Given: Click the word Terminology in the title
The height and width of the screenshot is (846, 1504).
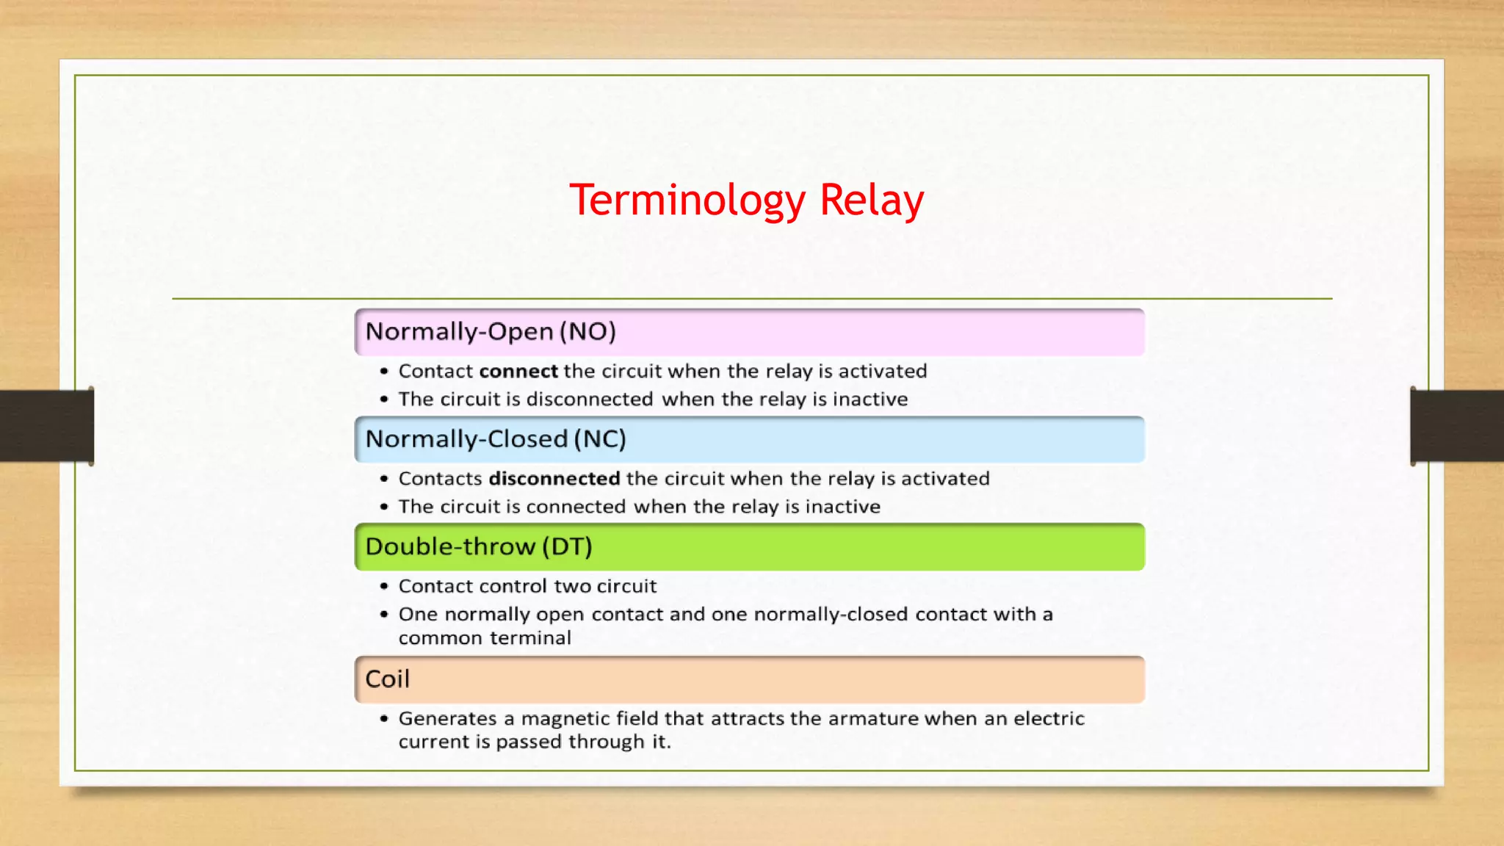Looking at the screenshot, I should (x=687, y=200).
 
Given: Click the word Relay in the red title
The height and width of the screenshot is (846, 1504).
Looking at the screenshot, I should (x=871, y=200).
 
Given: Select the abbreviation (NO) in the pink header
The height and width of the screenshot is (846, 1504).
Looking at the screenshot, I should (x=587, y=332).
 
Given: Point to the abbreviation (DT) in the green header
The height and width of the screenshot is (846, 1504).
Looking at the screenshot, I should (x=567, y=547).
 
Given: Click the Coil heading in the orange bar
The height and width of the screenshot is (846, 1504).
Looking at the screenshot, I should (x=387, y=679).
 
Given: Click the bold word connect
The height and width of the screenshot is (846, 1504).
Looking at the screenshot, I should (x=518, y=372).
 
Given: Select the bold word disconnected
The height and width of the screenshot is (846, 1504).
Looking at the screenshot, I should (x=554, y=479).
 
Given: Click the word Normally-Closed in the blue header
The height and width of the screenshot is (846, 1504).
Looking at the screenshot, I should (x=466, y=439).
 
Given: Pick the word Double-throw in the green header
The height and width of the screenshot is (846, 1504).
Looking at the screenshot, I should (x=450, y=547).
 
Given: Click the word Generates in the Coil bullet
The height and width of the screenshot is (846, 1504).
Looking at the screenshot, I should (x=447, y=719).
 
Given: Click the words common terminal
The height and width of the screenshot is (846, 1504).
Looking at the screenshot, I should (x=485, y=638).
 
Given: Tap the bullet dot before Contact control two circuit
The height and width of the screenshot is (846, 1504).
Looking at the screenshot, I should (x=384, y=587).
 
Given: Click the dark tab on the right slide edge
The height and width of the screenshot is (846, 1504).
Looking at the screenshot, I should (x=1457, y=426).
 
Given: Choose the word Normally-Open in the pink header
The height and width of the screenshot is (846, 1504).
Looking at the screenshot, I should (x=459, y=332).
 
